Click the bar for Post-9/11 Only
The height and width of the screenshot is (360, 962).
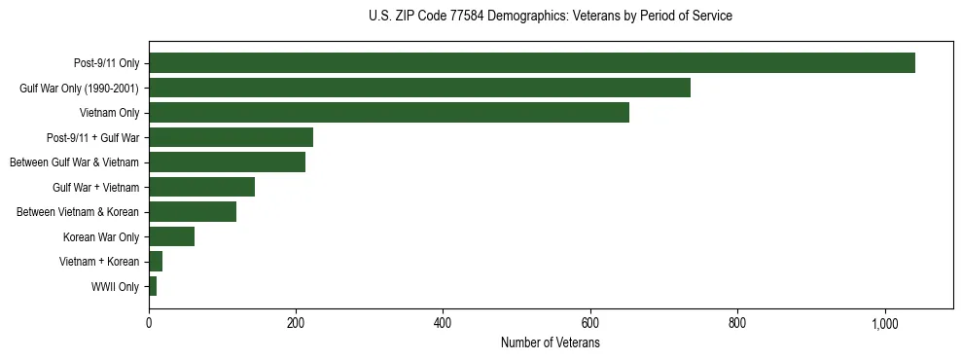click(x=531, y=63)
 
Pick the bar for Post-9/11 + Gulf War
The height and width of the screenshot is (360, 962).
click(x=231, y=137)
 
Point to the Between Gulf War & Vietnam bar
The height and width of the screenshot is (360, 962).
click(x=227, y=162)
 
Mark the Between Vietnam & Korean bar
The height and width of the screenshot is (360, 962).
click(x=193, y=212)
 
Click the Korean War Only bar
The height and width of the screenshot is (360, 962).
click(x=171, y=236)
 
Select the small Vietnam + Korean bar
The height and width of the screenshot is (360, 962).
click(x=156, y=261)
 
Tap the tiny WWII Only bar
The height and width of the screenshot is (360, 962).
click(x=153, y=286)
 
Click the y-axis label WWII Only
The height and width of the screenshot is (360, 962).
click(x=115, y=286)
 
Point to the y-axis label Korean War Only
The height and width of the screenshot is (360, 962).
click(x=101, y=236)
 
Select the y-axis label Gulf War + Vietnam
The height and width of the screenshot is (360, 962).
click(x=95, y=187)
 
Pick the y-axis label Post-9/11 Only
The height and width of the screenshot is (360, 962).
click(x=106, y=63)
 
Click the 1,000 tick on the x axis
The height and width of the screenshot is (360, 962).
click(x=884, y=323)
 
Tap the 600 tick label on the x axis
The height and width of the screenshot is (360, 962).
click(x=589, y=323)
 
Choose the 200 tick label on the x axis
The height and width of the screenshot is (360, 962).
click(x=296, y=323)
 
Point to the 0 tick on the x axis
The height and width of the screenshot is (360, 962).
click(x=149, y=323)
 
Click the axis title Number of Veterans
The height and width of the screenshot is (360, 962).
click(x=550, y=343)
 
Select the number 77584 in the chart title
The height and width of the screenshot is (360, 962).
click(x=472, y=17)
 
